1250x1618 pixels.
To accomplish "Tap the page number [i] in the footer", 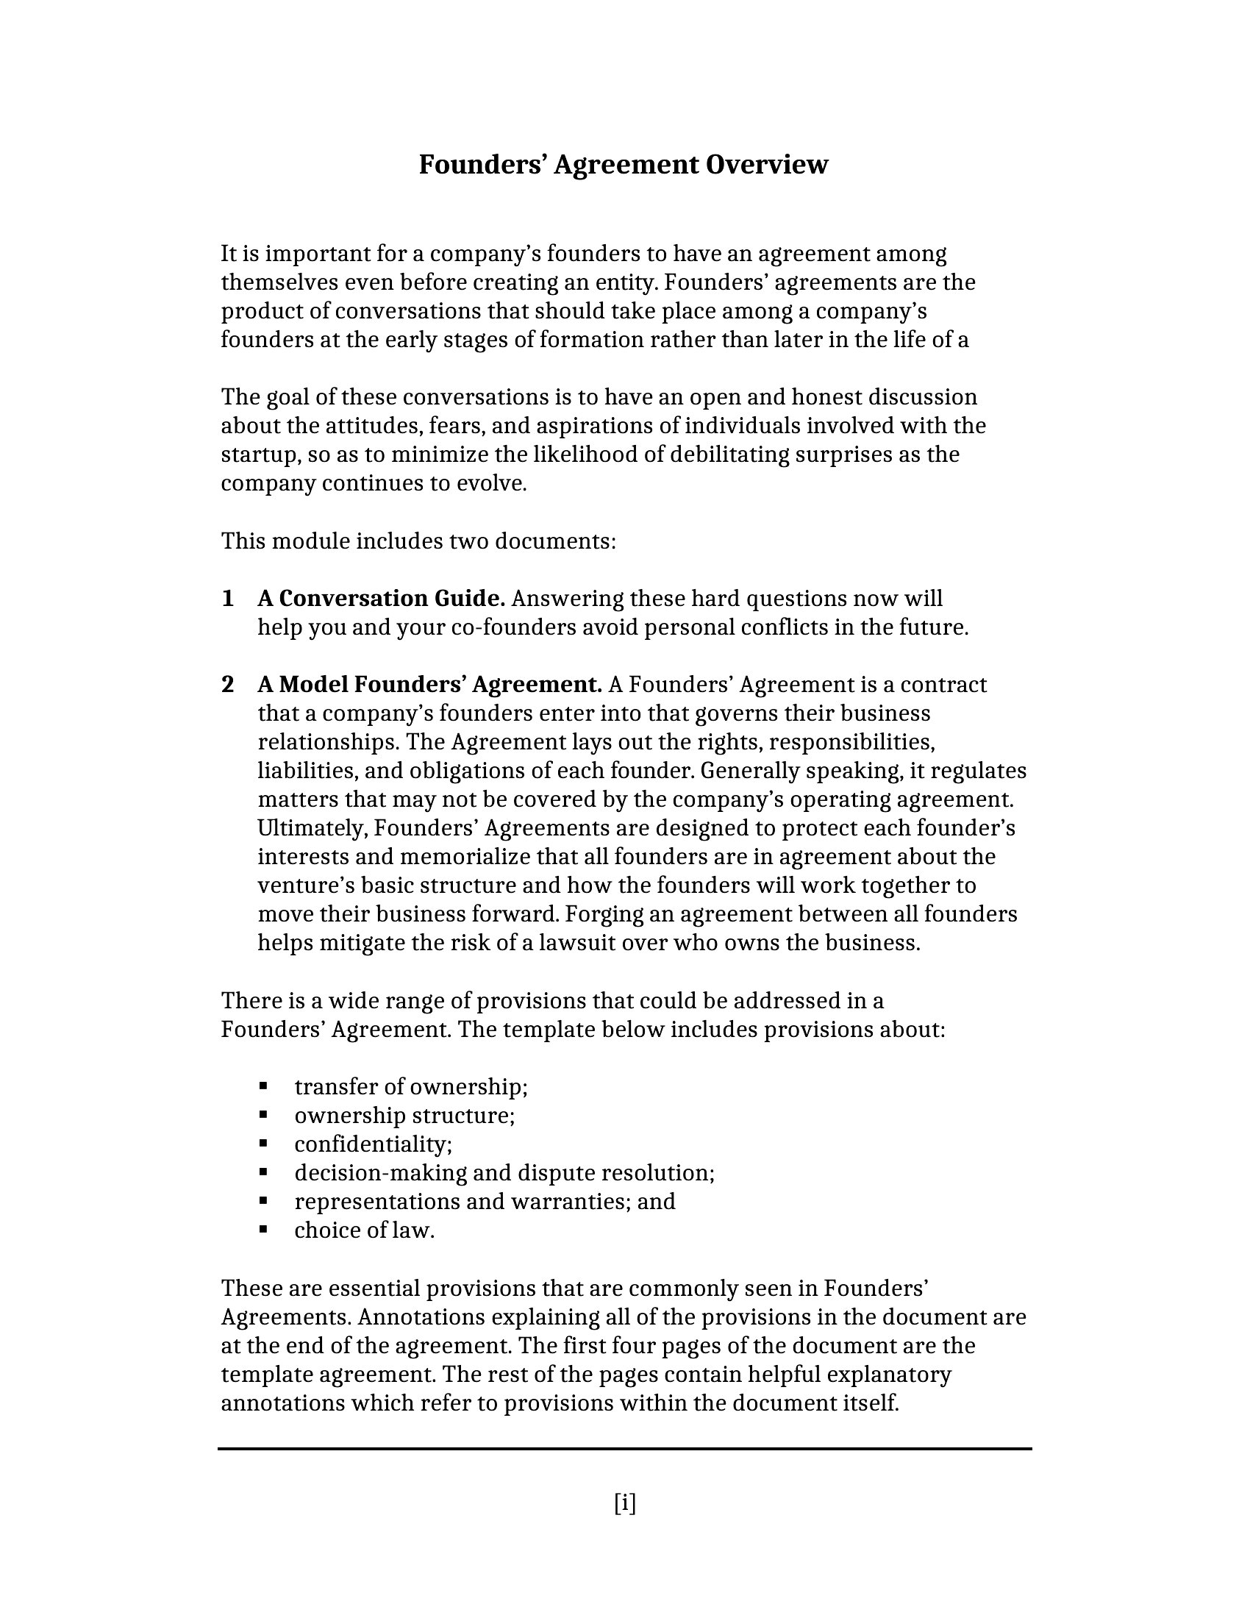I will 624,1503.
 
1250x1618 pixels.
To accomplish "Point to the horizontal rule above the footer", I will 624,1448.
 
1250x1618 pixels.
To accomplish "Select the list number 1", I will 228,599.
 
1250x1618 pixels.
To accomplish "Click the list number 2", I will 228,685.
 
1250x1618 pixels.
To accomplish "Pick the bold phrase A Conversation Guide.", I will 382,599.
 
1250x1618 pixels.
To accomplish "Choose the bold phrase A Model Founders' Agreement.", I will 429,685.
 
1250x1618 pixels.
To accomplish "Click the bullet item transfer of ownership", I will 411,1087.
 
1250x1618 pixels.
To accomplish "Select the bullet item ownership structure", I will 404,1116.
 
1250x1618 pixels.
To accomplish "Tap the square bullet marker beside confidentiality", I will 263,1144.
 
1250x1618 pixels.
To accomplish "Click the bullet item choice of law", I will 364,1230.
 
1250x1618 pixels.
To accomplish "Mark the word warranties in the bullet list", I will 570,1202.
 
